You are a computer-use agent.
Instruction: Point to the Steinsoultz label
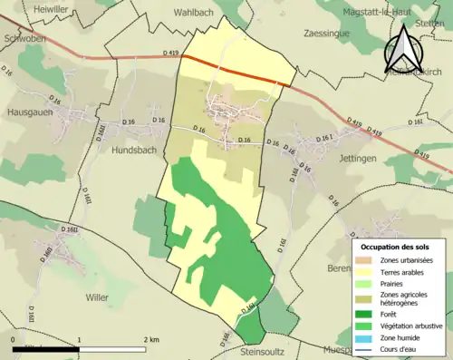268,350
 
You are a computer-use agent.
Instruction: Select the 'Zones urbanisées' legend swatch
370,261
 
